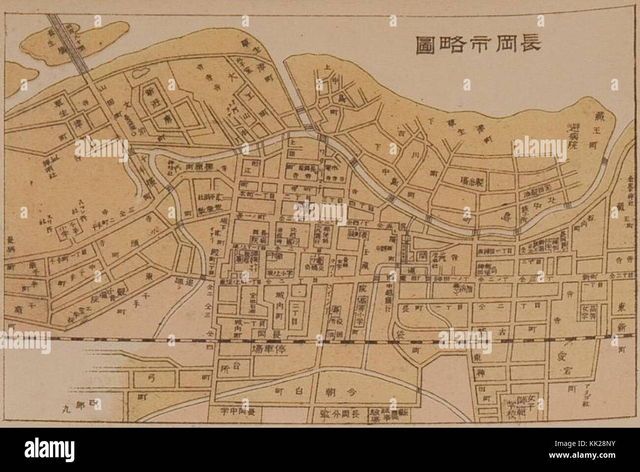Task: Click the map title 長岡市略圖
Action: (477, 44)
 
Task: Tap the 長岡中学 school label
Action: (239, 411)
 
